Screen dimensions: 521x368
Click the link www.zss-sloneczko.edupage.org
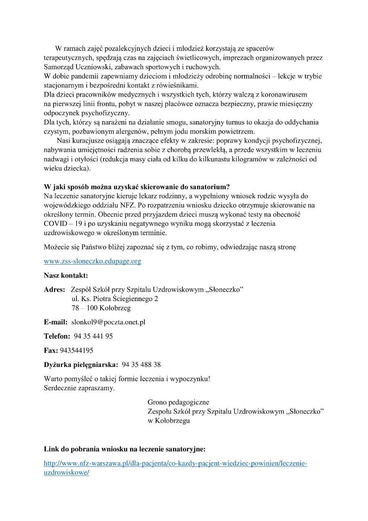point(92,261)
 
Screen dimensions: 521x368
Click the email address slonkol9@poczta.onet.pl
point(108,322)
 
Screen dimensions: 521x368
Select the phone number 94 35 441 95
point(93,336)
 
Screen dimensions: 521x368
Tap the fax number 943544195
point(76,351)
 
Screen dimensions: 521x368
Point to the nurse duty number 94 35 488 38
point(141,365)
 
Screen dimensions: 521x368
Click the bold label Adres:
point(54,290)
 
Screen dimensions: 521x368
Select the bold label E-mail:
point(56,322)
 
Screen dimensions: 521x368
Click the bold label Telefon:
point(57,336)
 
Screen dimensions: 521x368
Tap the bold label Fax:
point(51,351)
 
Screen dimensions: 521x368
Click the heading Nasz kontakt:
point(66,275)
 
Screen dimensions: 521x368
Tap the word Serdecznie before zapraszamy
point(60,387)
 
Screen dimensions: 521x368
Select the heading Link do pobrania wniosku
point(124,449)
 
